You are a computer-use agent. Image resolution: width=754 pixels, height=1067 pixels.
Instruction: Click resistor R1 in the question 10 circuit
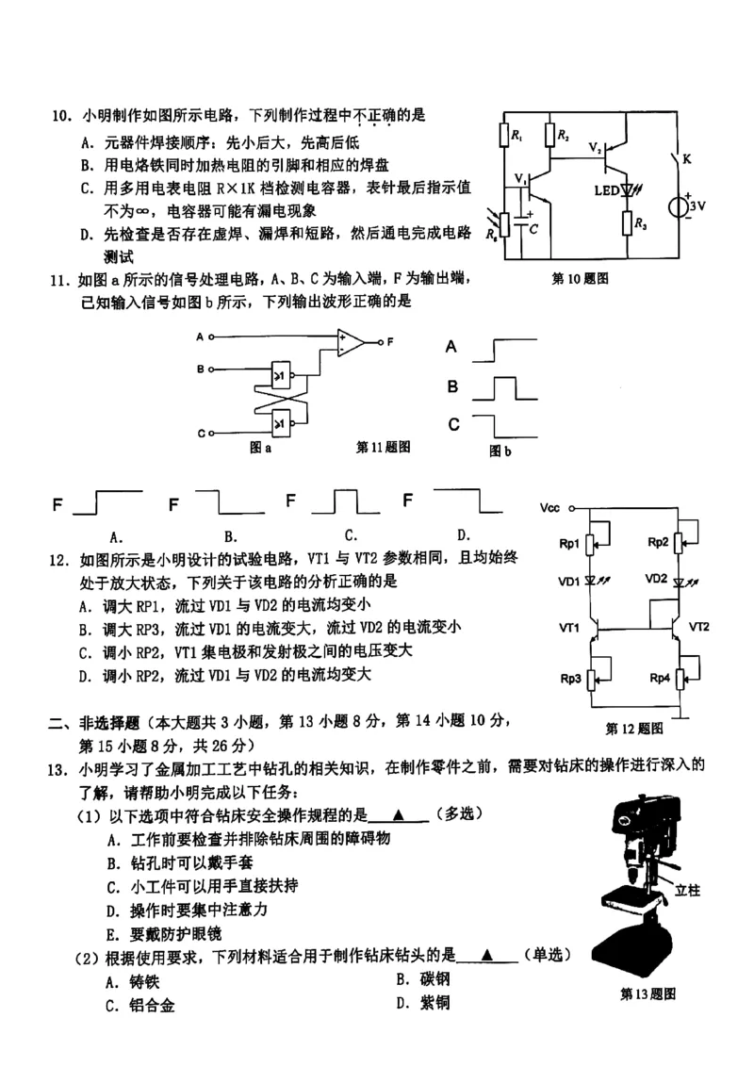coord(504,138)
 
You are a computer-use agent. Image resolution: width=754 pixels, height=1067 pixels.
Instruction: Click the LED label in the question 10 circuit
coord(606,190)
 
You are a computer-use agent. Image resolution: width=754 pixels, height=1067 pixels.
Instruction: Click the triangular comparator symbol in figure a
coord(352,342)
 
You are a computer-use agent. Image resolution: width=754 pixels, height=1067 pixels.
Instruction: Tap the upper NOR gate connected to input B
coord(282,376)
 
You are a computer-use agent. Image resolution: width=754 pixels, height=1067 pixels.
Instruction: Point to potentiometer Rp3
coord(591,677)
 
